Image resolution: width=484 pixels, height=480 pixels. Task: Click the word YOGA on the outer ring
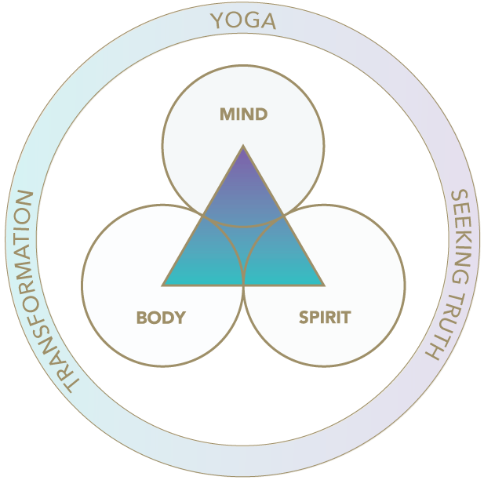pyautogui.click(x=243, y=21)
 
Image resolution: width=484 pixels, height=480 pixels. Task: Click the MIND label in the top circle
pyautogui.click(x=243, y=115)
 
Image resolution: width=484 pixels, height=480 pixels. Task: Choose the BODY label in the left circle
pyautogui.click(x=161, y=318)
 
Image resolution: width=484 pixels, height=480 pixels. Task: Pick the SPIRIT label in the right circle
pyautogui.click(x=325, y=318)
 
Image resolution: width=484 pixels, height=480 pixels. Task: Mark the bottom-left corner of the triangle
pyautogui.click(x=165, y=284)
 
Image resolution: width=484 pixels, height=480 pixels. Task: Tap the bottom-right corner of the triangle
pyautogui.click(x=322, y=284)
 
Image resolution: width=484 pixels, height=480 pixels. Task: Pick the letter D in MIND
pyautogui.click(x=261, y=115)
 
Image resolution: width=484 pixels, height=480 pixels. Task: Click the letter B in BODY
pyautogui.click(x=142, y=318)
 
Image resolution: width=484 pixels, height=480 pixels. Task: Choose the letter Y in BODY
pyautogui.click(x=180, y=318)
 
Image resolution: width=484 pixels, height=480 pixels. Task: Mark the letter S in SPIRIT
pyautogui.click(x=303, y=318)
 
